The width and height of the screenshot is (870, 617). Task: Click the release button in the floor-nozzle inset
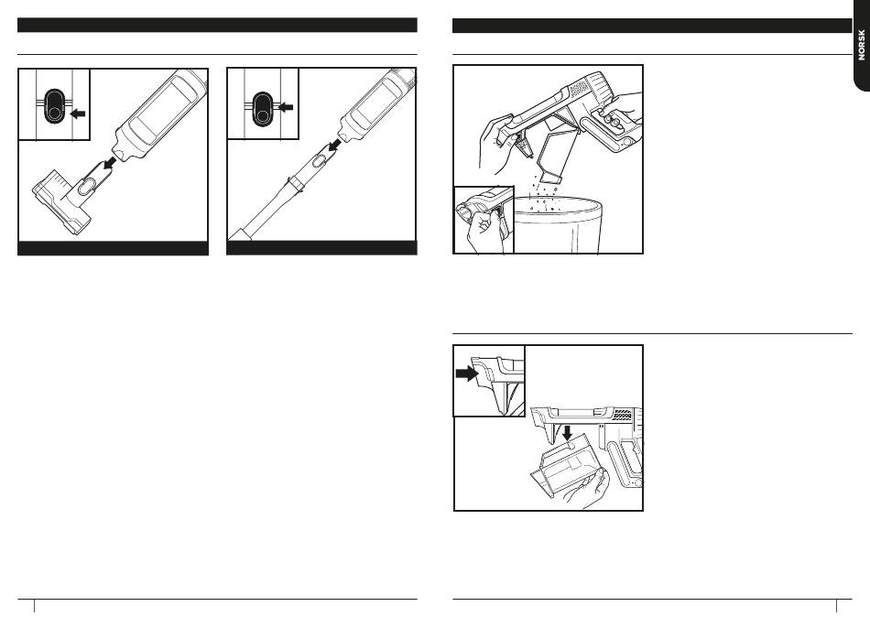(51, 106)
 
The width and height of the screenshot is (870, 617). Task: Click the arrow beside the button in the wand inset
(287, 107)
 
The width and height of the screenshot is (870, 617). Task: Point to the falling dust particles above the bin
(549, 192)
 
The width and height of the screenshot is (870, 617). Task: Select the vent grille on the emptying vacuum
(579, 88)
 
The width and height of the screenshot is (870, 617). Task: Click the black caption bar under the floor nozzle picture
(114, 248)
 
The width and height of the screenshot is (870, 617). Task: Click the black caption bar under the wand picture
(321, 248)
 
